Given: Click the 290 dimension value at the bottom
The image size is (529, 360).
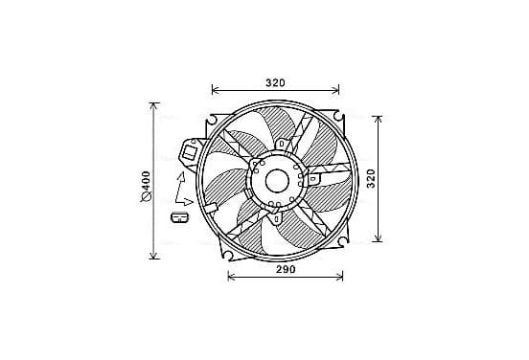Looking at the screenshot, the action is click(x=286, y=269).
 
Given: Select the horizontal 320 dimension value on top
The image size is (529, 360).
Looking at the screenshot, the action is click(x=275, y=82).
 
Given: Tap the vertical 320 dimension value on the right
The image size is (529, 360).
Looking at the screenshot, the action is click(x=371, y=179).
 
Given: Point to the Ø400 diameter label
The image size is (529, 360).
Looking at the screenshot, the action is click(x=146, y=187).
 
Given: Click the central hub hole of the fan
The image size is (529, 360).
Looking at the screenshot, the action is click(x=277, y=181).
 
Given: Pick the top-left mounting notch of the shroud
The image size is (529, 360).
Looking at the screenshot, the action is click(x=212, y=119).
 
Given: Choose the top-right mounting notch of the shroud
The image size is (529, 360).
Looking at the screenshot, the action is click(x=338, y=115).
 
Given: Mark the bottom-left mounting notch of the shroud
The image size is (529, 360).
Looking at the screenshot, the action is click(x=227, y=254).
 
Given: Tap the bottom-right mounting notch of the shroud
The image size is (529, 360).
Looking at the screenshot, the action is click(x=342, y=241).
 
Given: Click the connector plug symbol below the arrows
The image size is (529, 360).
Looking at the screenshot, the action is click(x=180, y=217).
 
